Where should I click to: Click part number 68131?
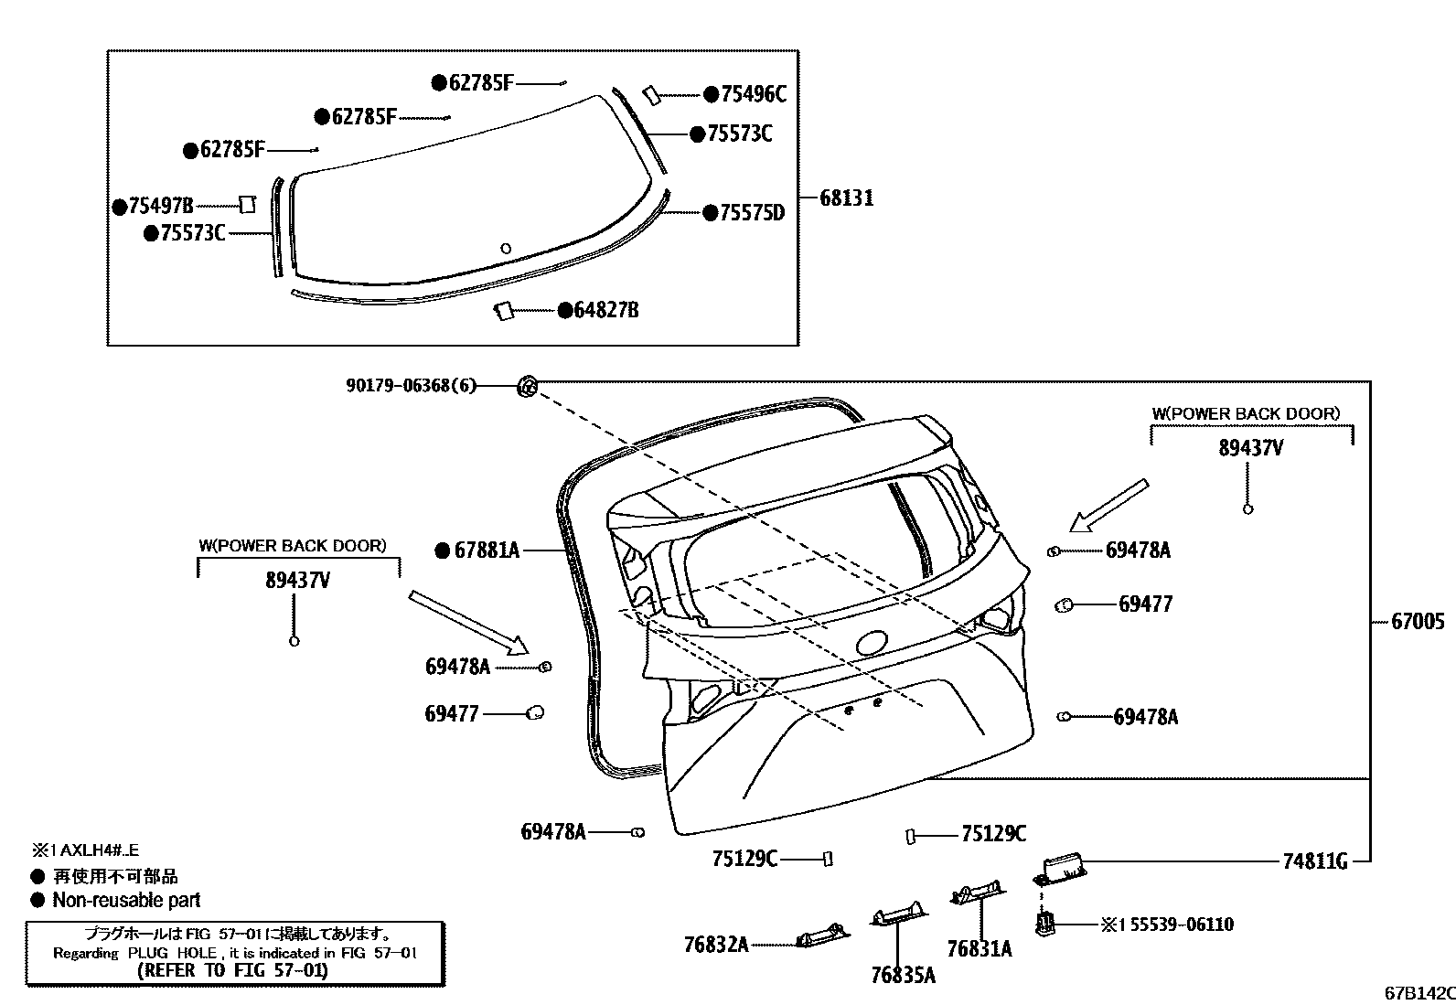846,198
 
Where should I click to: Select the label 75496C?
753,94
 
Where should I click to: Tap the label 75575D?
752,213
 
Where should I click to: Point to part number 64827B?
605,311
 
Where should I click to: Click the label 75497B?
161,207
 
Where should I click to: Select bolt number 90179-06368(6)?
411,386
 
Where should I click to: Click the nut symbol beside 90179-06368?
528,386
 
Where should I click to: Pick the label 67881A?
487,551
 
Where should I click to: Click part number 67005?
1418,622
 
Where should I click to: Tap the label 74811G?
1314,861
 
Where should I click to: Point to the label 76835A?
903,976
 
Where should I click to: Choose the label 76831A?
979,949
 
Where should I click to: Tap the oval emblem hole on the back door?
875,643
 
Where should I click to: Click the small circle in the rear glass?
506,248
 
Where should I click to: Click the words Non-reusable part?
126,900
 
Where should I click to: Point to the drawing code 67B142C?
1418,993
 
